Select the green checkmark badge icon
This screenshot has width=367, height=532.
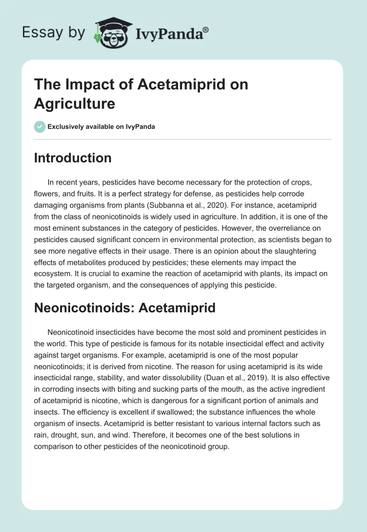point(40,127)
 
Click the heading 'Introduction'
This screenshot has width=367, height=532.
point(72,158)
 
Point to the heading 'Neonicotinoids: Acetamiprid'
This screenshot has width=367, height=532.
point(125,308)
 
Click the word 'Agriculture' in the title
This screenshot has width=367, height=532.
point(74,103)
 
